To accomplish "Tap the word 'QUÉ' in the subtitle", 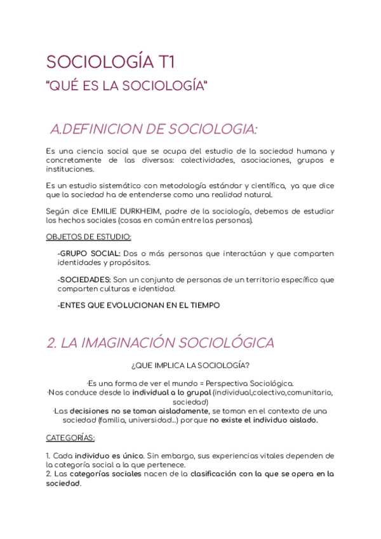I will point(66,86).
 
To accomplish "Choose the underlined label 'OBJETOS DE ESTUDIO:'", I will point(88,237).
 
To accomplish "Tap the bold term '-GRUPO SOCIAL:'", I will point(88,254).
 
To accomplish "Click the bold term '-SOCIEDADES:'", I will point(84,280).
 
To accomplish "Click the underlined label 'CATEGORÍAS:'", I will point(70,438).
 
